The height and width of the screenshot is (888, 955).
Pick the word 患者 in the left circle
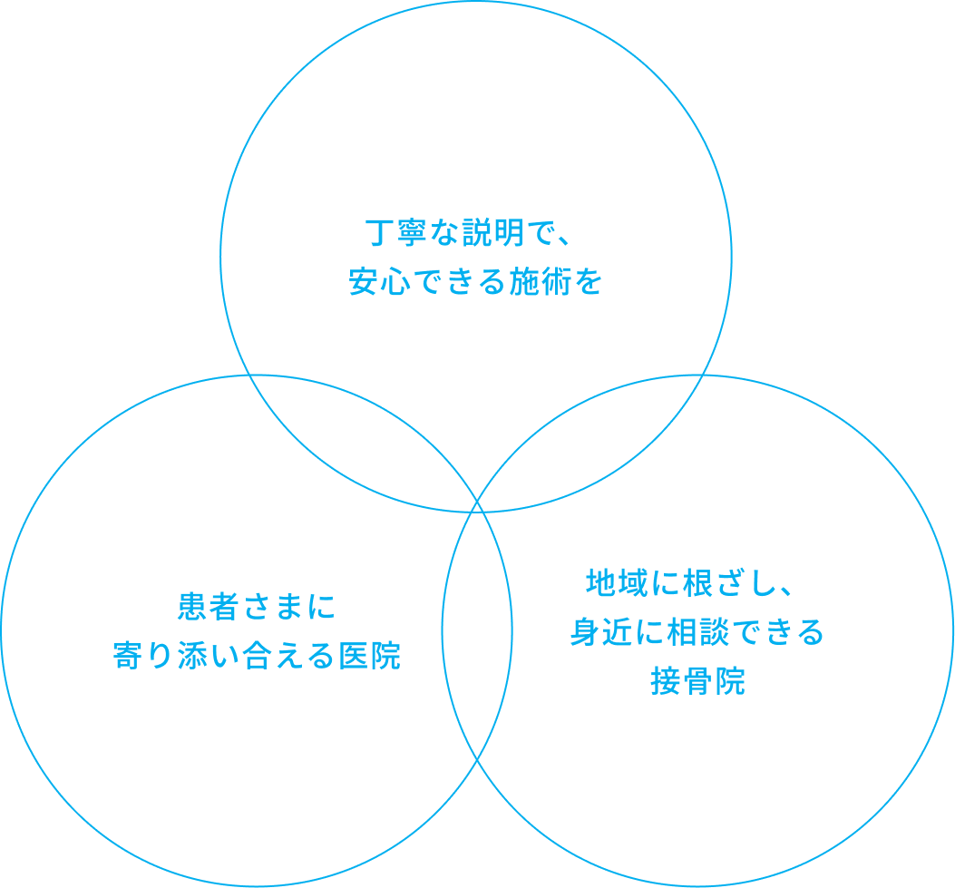click(208, 607)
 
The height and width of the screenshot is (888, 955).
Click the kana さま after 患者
click(272, 607)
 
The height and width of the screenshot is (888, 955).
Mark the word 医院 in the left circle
click(370, 656)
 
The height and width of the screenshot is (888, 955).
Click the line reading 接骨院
click(697, 681)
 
